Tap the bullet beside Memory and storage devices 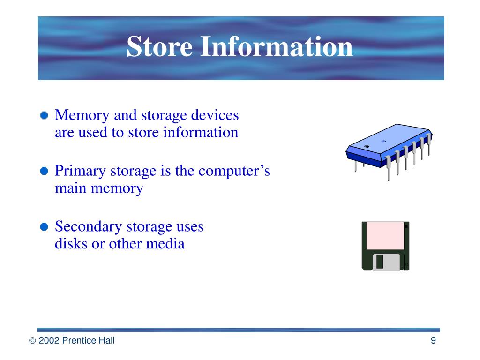tap(44, 115)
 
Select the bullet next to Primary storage tap(44, 171)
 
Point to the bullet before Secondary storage tap(44, 227)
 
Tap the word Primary tap(81, 171)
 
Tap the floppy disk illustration tap(385, 246)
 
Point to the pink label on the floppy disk tap(385, 236)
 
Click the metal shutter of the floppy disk tap(388, 262)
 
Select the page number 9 tap(433, 341)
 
